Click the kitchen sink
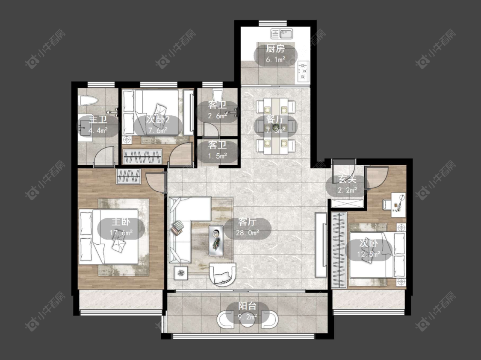tap(282, 34)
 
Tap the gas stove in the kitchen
tap(304, 71)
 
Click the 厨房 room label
tap(275, 49)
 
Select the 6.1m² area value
tap(276, 59)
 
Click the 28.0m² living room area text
tap(247, 233)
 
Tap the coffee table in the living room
tap(216, 240)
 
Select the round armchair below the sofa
tap(223, 274)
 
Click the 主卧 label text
tap(121, 222)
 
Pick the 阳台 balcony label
tap(247, 306)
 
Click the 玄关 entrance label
tap(347, 179)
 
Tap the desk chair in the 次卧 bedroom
tap(386, 205)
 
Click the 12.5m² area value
tap(369, 254)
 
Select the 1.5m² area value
tap(217, 156)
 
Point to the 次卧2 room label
tap(158, 120)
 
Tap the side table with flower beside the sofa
tap(181, 273)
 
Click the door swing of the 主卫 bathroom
tap(104, 156)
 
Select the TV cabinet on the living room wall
tap(321, 245)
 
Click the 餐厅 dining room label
tap(275, 120)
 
